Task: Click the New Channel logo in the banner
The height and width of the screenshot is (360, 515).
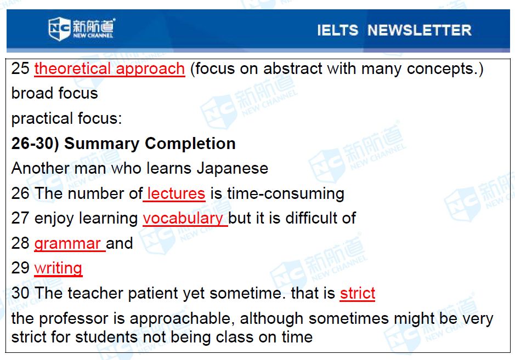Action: (82, 28)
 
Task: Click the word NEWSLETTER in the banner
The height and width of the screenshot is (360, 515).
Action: (420, 30)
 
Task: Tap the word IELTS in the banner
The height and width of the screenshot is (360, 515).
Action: (338, 30)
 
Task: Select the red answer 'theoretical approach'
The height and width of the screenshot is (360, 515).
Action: (110, 69)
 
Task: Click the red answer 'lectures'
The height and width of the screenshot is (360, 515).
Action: (176, 193)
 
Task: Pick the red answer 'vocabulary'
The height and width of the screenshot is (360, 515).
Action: (183, 219)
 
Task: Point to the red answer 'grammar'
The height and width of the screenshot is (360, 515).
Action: (67, 244)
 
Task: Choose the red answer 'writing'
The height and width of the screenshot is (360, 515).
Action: (58, 268)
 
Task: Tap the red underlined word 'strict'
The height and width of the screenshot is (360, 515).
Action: (358, 293)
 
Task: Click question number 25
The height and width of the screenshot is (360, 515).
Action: (20, 68)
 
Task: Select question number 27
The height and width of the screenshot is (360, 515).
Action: (20, 218)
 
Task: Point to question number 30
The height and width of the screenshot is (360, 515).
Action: (20, 293)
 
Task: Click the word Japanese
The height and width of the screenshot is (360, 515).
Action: (232, 169)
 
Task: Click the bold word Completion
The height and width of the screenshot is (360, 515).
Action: (190, 144)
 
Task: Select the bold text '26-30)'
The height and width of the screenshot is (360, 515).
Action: (35, 144)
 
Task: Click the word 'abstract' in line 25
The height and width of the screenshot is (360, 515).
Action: (293, 69)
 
